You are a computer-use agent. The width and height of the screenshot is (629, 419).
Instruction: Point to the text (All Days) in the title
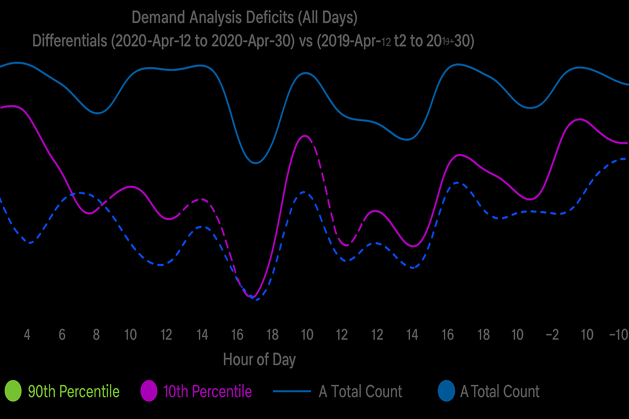click(x=328, y=18)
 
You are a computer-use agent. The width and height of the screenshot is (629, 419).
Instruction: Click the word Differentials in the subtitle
click(x=69, y=41)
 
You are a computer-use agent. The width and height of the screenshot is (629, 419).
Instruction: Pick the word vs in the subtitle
click(x=305, y=41)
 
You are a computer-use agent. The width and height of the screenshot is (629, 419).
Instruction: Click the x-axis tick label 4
click(x=27, y=335)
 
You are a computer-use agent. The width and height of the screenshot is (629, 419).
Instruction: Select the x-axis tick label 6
click(x=62, y=335)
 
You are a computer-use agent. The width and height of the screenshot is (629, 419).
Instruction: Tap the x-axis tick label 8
click(x=96, y=335)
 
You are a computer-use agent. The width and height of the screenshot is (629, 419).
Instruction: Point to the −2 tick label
click(x=552, y=335)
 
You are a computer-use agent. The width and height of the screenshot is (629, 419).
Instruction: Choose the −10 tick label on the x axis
click(x=618, y=335)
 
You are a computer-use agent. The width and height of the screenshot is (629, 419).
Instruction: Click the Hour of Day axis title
click(x=259, y=359)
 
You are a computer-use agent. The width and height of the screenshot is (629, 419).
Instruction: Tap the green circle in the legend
click(x=13, y=391)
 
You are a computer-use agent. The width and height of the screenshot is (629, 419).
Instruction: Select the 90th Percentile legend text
click(x=74, y=392)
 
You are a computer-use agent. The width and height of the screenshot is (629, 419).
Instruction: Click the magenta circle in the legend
click(x=149, y=391)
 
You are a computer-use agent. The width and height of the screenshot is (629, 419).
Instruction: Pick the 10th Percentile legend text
click(x=207, y=392)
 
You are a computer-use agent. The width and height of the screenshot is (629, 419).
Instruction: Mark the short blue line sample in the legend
click(x=292, y=391)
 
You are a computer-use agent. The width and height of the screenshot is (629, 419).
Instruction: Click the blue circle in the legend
click(x=446, y=391)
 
